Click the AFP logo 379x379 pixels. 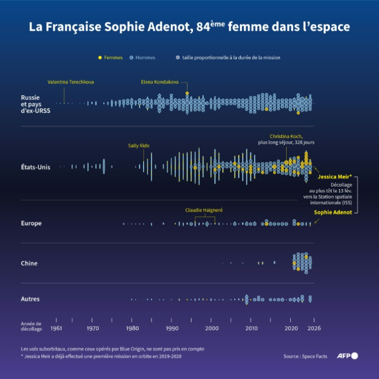[x=347, y=356]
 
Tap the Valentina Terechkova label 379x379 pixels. [x=70, y=82]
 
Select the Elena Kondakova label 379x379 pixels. [x=160, y=82]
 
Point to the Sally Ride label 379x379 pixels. [x=139, y=146]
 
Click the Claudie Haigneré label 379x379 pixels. [x=204, y=210]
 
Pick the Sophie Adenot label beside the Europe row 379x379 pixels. [x=333, y=212]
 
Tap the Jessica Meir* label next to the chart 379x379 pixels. [x=335, y=177]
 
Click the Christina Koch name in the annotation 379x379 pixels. [x=286, y=136]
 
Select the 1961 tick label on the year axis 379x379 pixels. [x=56, y=328]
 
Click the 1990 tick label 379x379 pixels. [x=172, y=328]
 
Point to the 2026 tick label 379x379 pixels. [x=314, y=328]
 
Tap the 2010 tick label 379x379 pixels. [x=251, y=328]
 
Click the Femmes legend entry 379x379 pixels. [x=113, y=57]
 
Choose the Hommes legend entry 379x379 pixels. [x=145, y=57]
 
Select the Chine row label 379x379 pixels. [x=29, y=263]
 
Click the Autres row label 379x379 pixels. [x=30, y=299]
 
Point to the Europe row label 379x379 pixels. [x=31, y=223]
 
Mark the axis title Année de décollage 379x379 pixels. [x=31, y=327]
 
